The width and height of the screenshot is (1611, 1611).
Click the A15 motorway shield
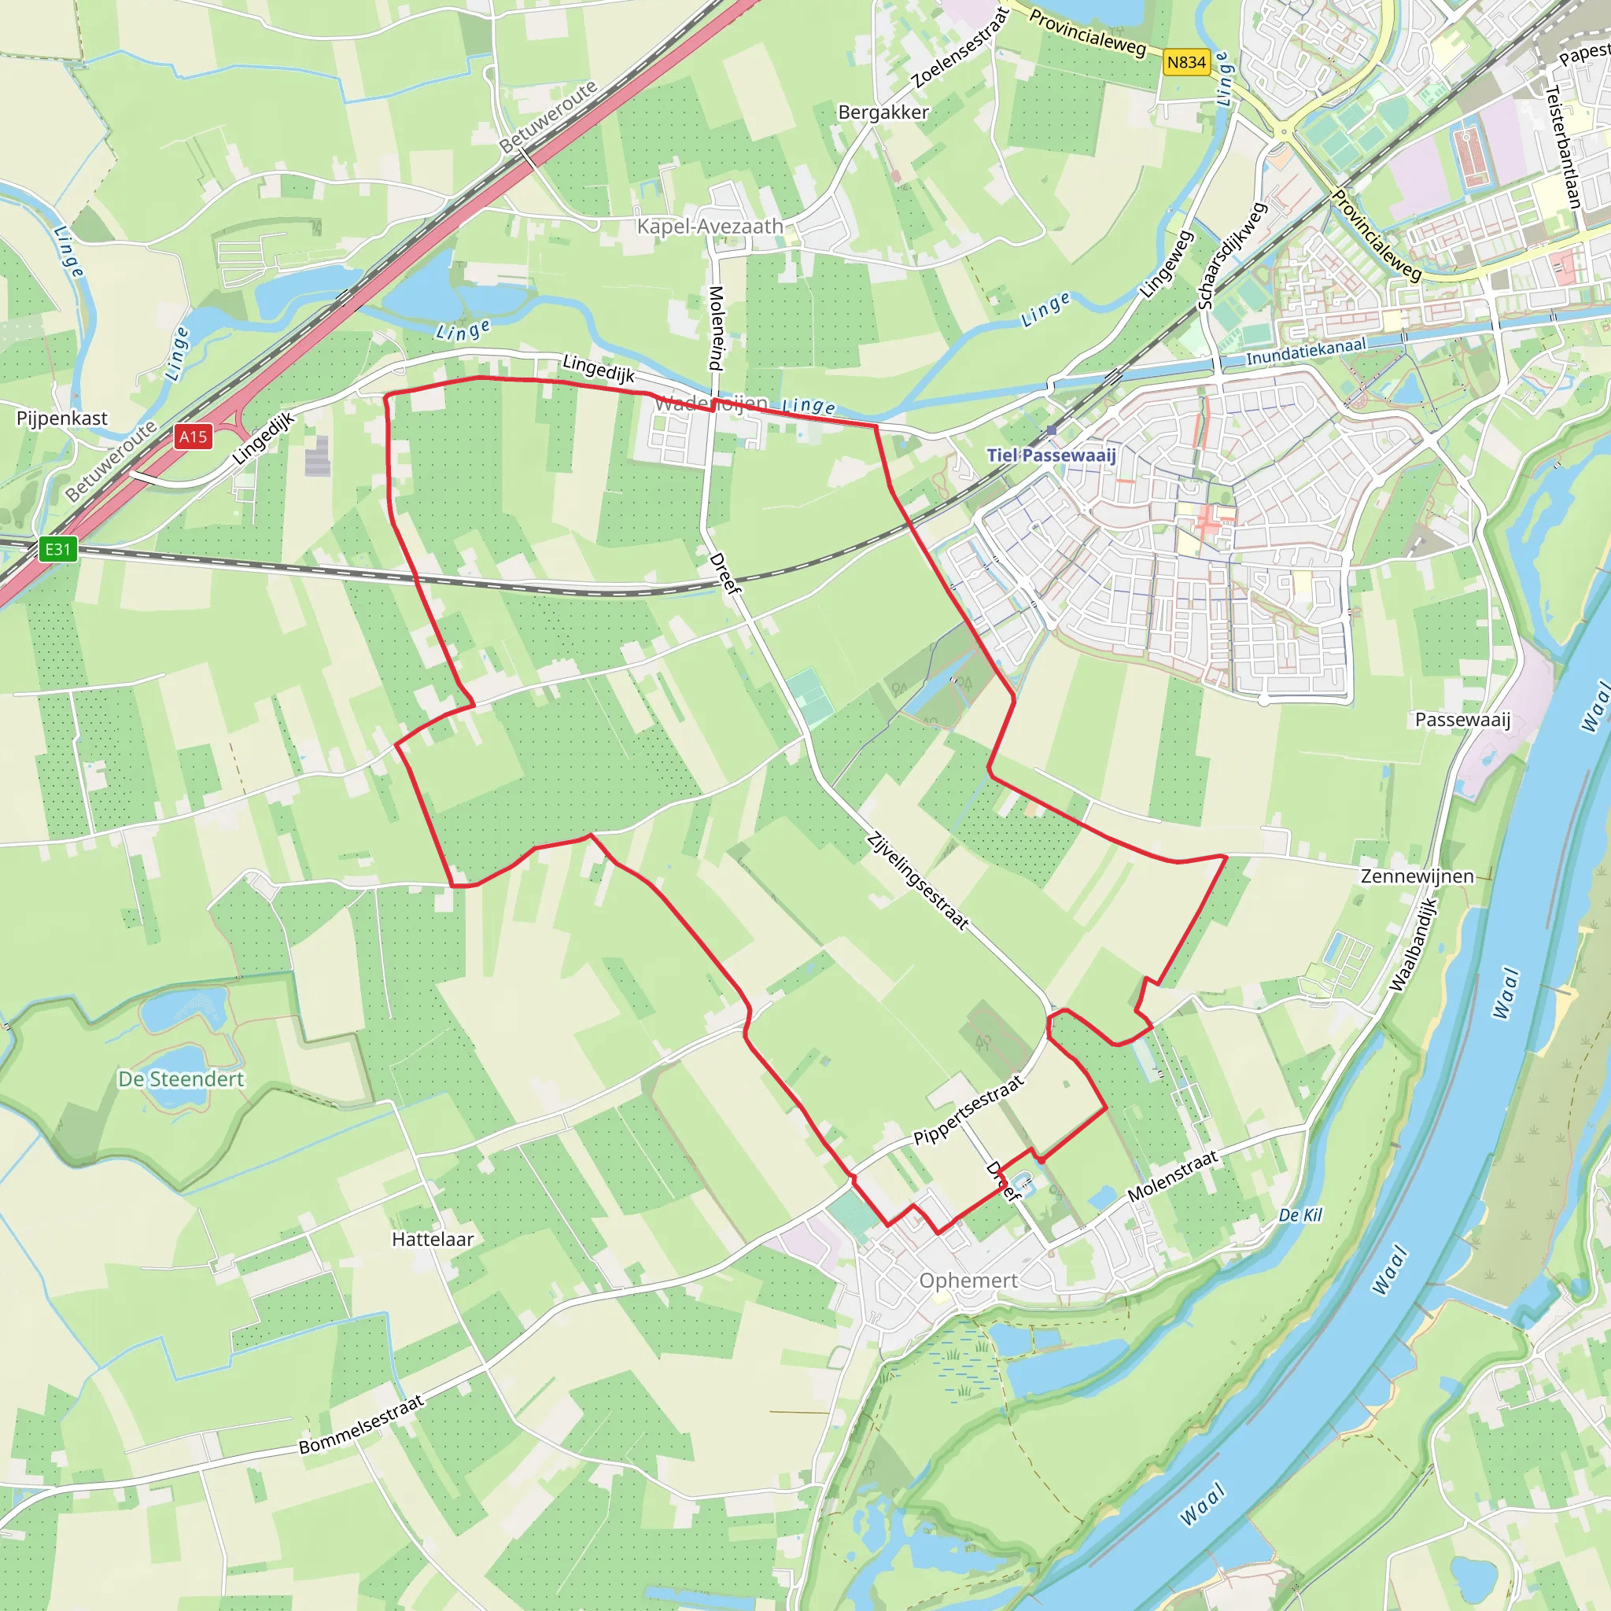click(193, 436)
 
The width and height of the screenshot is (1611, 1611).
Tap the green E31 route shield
click(57, 549)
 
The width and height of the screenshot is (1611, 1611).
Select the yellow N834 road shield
click(1185, 63)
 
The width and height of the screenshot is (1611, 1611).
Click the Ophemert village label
click(968, 1280)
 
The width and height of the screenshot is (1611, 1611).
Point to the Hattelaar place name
click(433, 1239)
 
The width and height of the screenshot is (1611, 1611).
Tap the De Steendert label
click(181, 1079)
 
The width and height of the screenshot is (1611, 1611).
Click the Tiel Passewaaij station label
click(1051, 455)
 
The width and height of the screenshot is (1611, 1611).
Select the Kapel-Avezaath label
click(710, 226)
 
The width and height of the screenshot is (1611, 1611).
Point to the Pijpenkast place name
click(61, 418)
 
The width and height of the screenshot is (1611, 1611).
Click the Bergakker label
click(883, 112)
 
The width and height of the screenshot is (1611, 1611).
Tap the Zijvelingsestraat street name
click(917, 880)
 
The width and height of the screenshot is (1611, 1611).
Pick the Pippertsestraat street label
click(968, 1111)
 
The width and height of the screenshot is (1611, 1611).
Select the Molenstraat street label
click(1172, 1176)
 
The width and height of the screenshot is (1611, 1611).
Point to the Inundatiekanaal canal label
click(1306, 351)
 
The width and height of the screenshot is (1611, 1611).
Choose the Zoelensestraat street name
click(961, 47)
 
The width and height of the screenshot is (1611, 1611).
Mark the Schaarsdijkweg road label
click(1232, 255)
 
